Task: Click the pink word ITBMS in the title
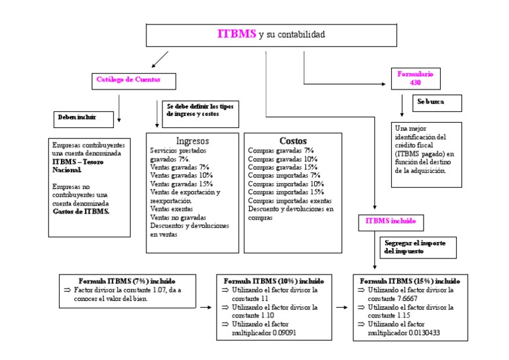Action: (237, 34)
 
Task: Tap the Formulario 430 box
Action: (415, 78)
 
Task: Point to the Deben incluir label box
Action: (78, 118)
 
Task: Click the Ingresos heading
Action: (192, 141)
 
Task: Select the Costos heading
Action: (293, 141)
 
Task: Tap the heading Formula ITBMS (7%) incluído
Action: (127, 280)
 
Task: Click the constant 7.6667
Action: (394, 299)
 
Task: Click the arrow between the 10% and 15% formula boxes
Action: (342, 308)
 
